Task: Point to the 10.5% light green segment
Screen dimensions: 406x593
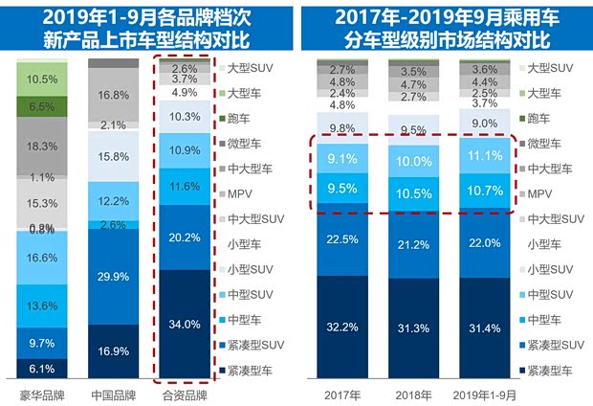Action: point(41,79)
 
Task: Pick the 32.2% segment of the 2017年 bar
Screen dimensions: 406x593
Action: point(341,327)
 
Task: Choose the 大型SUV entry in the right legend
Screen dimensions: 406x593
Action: point(555,69)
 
